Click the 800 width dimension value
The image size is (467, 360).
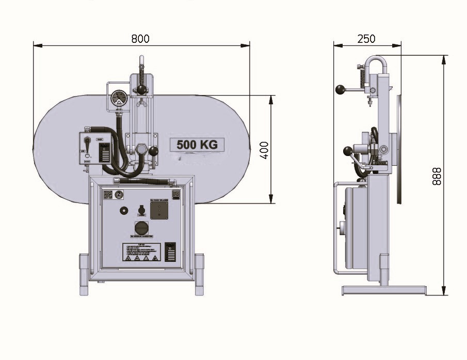pos(140,38)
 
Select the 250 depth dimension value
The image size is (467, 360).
pos(366,39)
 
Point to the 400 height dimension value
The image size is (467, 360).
pos(264,150)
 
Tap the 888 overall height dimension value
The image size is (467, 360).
pos(437,177)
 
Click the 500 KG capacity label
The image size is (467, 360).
pos(197,145)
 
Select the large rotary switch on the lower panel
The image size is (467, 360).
pos(142,228)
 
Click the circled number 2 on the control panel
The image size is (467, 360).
pos(119,194)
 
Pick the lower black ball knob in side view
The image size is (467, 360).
pos(348,151)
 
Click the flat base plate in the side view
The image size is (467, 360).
pos(384,291)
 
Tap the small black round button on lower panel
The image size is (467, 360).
pos(123,211)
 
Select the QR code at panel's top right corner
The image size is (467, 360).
pos(176,194)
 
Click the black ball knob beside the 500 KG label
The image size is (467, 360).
pos(154,151)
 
